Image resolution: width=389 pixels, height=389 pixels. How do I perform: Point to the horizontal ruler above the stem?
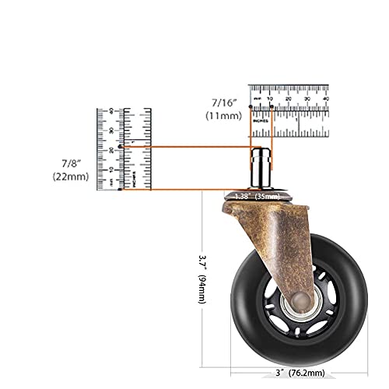pos(289,110)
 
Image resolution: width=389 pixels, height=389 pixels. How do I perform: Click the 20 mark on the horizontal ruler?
pos(289,99)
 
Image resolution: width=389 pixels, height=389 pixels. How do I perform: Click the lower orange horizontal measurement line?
pos(179,189)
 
